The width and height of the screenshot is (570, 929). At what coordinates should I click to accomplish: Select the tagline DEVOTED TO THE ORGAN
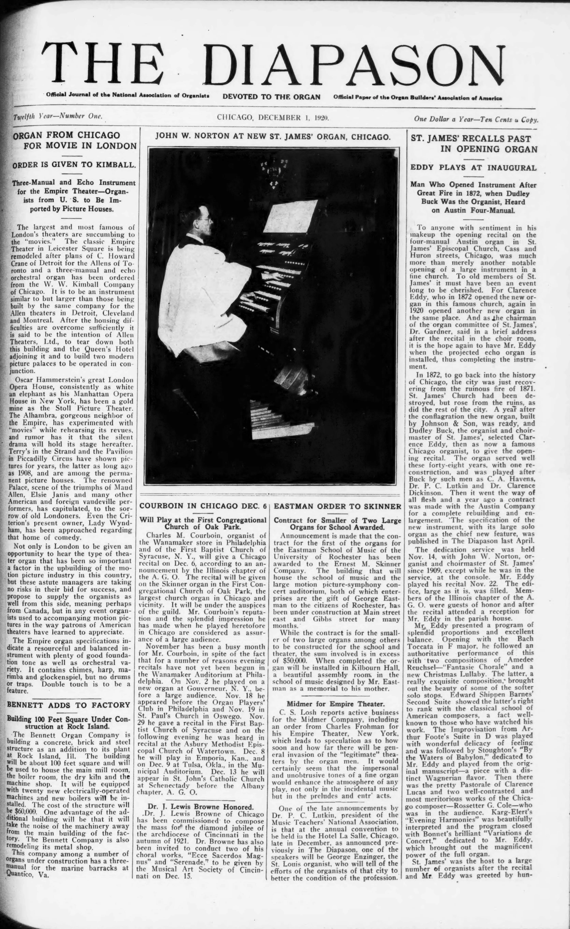[x=271, y=97]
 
